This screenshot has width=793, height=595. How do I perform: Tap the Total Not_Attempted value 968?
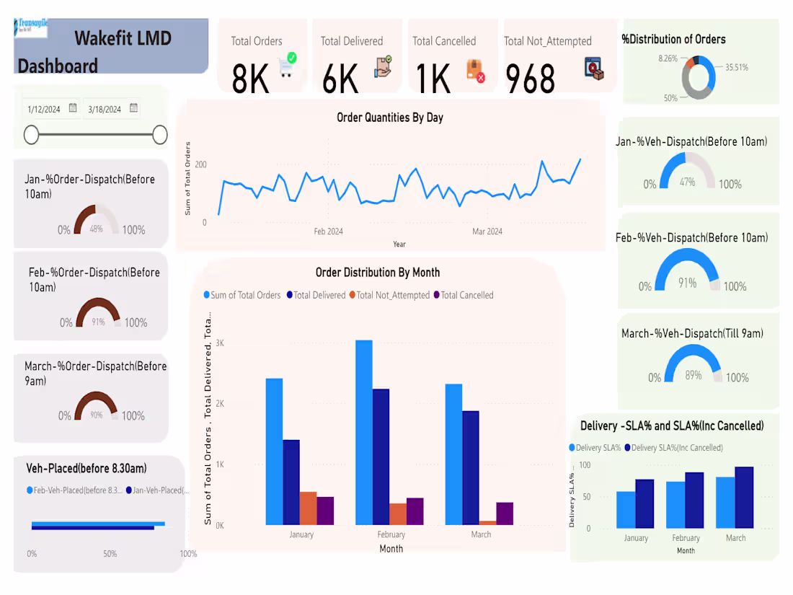530,79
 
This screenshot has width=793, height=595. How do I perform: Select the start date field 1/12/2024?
44,110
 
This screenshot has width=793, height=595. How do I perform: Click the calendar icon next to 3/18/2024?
134,109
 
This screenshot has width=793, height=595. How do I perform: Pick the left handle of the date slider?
31,135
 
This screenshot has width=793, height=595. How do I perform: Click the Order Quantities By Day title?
390,117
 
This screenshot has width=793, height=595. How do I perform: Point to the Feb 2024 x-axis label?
329,232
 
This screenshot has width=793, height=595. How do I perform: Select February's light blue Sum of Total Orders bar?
364,432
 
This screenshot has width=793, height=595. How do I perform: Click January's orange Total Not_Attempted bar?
308,508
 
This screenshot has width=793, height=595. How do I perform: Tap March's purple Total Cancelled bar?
505,513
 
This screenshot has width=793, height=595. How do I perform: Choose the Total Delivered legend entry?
316,295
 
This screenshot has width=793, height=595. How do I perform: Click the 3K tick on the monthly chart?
219,343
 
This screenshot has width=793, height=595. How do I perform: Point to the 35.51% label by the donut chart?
736,67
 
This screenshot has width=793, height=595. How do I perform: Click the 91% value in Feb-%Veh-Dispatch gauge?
687,283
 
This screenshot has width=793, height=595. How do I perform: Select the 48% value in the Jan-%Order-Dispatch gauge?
96,229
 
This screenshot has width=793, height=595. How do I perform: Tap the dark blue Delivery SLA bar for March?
744,497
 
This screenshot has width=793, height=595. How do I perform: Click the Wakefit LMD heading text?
123,38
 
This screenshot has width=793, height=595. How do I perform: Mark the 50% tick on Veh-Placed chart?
110,554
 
